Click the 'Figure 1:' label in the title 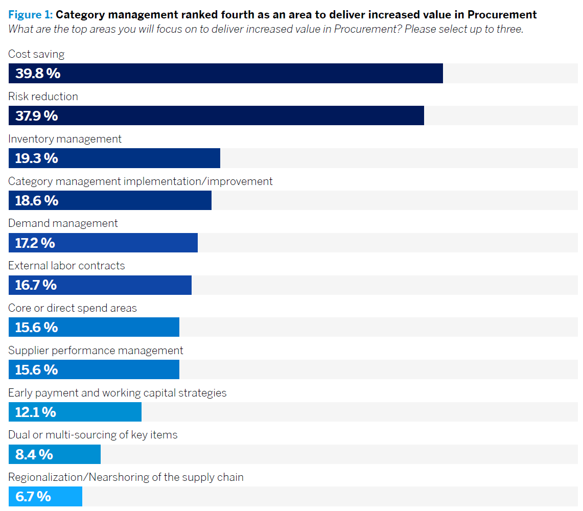[x=30, y=15]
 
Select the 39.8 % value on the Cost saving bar [x=37, y=74]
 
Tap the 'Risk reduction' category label [x=43, y=97]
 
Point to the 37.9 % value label [x=36, y=116]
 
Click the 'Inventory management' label [x=65, y=139]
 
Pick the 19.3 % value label [x=36, y=158]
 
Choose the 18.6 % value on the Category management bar [x=36, y=201]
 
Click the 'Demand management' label [x=63, y=223]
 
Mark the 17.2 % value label [x=35, y=243]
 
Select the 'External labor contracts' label [x=66, y=266]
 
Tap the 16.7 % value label [x=36, y=285]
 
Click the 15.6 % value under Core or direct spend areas [x=36, y=328]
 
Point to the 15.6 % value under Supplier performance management [x=36, y=370]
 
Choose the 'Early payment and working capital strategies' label [x=117, y=393]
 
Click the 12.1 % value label [x=35, y=412]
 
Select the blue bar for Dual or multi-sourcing [x=77, y=454]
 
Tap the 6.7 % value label [x=33, y=496]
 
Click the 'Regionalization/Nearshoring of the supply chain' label [x=126, y=477]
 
